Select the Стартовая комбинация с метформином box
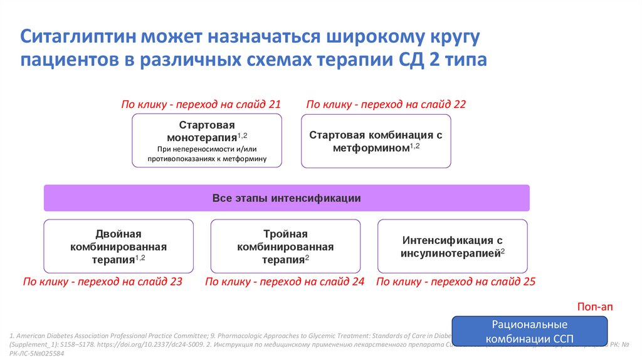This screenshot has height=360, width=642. point(376,140)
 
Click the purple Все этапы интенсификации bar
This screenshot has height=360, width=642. point(287,198)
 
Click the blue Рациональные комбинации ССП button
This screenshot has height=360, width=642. point(530,331)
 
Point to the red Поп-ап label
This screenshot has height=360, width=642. point(594,307)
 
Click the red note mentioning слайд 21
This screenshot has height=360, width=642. point(201,104)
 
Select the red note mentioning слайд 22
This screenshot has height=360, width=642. point(386,104)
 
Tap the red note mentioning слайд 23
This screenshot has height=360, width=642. point(102,282)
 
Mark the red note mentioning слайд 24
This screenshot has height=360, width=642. point(285,282)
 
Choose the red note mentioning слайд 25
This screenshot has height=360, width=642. point(456,282)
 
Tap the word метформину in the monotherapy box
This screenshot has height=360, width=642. point(243,159)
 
